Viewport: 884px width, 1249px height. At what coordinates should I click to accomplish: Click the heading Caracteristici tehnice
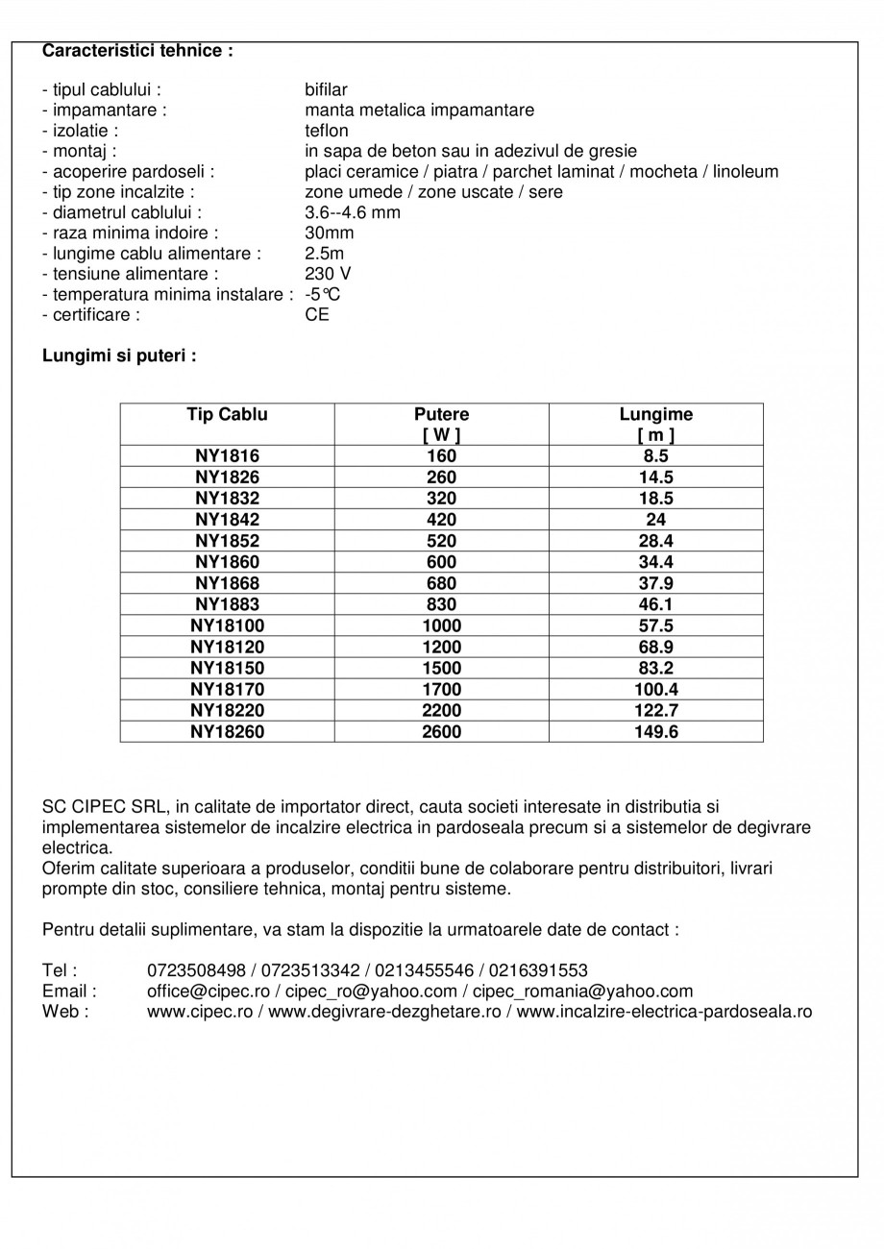pos(137,50)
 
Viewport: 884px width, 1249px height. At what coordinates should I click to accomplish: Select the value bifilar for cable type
pos(326,90)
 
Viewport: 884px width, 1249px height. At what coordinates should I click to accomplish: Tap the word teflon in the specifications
pos(326,131)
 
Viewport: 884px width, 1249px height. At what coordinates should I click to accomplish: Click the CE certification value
pos(316,314)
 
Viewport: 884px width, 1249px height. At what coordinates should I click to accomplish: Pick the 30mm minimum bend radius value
pos(329,233)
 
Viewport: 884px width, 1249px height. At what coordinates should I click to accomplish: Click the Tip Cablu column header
pos(227,415)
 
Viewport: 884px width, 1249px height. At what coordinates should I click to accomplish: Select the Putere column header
pos(441,415)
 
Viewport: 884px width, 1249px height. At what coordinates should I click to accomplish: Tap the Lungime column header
pos(655,415)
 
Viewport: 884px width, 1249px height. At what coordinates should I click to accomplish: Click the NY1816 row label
pos(227,456)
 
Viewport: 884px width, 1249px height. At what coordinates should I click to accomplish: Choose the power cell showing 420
pos(441,520)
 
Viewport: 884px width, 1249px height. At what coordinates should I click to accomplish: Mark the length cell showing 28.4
pos(655,541)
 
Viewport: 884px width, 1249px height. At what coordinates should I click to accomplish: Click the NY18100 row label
pos(227,625)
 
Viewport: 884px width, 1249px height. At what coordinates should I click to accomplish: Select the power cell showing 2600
pos(441,731)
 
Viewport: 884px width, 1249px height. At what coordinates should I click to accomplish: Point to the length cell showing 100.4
pos(655,689)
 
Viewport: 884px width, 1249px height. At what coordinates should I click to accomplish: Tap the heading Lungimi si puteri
pos(119,355)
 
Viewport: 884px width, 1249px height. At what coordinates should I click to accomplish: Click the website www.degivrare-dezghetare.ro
pos(384,1012)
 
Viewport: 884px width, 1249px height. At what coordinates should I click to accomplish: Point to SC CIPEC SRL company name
pos(99,806)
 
